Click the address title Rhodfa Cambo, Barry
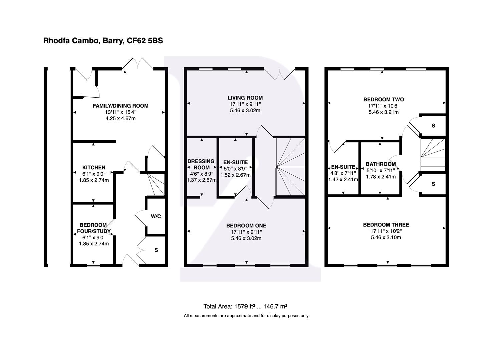click(x=103, y=41)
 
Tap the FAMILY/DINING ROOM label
click(x=120, y=106)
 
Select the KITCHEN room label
click(x=94, y=168)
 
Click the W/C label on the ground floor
click(x=156, y=216)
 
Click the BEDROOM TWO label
click(x=383, y=99)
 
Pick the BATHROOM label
click(x=381, y=164)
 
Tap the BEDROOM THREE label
click(x=386, y=225)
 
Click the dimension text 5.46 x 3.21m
click(x=383, y=112)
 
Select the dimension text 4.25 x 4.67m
click(x=120, y=118)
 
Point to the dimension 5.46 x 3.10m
click(x=386, y=237)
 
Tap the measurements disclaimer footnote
click(x=246, y=316)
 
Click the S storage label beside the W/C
click(x=156, y=250)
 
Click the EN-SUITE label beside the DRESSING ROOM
click(x=235, y=162)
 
